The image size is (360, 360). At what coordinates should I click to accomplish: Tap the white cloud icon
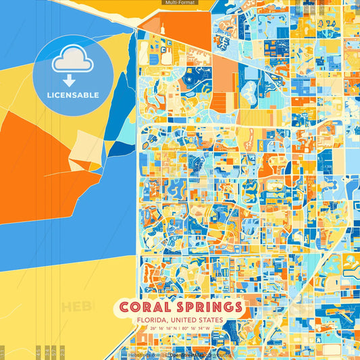[72, 61]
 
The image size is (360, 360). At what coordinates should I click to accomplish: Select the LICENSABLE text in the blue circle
[72, 95]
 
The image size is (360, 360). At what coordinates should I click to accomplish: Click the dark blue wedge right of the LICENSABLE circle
[123, 101]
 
